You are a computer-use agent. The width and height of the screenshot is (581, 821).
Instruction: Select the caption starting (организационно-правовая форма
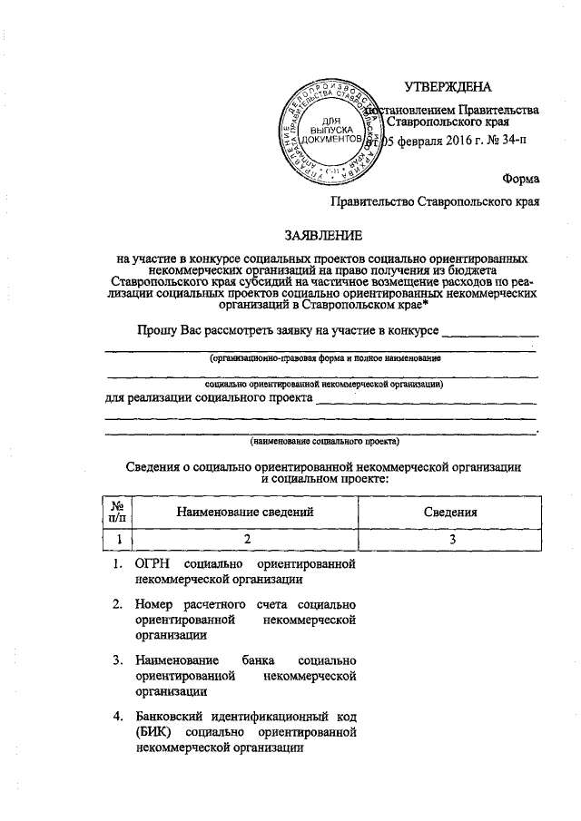point(323,359)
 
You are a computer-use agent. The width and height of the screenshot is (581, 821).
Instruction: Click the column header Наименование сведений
point(245,513)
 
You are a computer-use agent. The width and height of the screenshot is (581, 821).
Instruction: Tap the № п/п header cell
point(116,513)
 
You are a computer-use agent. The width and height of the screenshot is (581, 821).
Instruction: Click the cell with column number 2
point(245,540)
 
